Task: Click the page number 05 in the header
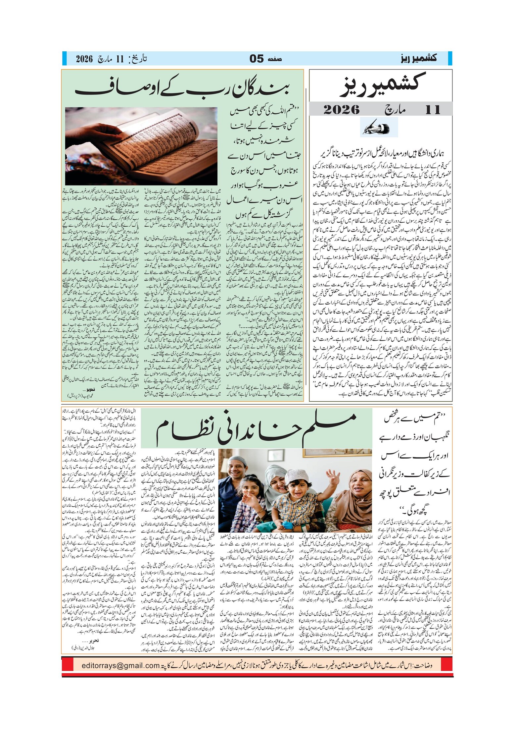coord(257,59)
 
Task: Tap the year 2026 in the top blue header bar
coord(84,59)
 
